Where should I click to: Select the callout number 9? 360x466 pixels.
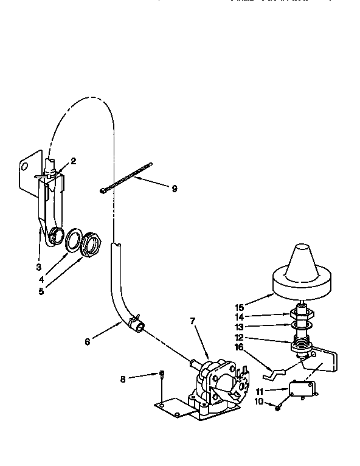(x=175, y=189)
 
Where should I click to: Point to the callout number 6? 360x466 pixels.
(x=88, y=342)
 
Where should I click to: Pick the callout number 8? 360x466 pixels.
(x=123, y=378)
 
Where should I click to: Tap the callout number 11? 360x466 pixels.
(x=260, y=391)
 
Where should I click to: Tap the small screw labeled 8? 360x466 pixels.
(x=161, y=375)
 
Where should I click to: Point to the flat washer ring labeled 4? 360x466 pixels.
(x=74, y=239)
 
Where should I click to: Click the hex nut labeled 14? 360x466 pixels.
(x=301, y=315)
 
